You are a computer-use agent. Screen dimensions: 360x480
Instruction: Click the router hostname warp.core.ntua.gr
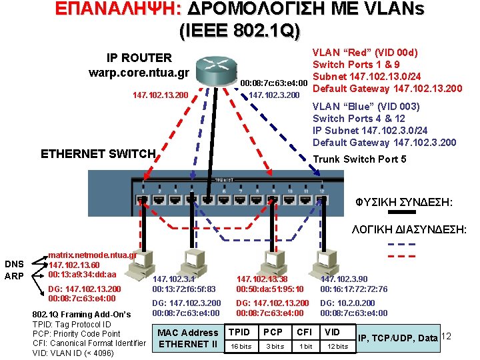(x=139, y=72)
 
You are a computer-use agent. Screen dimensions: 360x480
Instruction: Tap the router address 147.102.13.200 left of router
(x=160, y=95)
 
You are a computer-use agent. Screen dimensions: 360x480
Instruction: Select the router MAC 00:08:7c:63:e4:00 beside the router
(x=273, y=83)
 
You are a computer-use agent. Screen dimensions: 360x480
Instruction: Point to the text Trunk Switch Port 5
(x=359, y=159)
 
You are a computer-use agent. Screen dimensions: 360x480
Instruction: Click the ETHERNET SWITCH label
(x=98, y=154)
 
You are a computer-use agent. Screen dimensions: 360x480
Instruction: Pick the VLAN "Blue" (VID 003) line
(x=366, y=107)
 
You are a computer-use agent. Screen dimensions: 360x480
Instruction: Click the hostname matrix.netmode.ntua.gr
(x=93, y=255)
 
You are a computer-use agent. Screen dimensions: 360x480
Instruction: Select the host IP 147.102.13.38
(x=261, y=279)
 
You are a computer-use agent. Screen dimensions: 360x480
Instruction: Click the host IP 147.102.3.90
(x=344, y=279)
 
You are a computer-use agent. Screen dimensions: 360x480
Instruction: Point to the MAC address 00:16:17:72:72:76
(x=353, y=289)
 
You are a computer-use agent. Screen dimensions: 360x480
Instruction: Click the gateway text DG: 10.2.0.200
(x=347, y=303)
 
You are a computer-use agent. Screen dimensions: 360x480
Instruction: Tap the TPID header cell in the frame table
(x=239, y=332)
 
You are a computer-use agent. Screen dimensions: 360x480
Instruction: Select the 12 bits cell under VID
(x=337, y=346)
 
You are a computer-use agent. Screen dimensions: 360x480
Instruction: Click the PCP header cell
(x=273, y=332)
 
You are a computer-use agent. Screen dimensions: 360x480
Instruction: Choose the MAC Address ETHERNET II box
(x=187, y=339)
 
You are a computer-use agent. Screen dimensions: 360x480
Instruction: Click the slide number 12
(x=447, y=336)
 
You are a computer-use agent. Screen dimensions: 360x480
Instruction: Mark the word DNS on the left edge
(x=14, y=263)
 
